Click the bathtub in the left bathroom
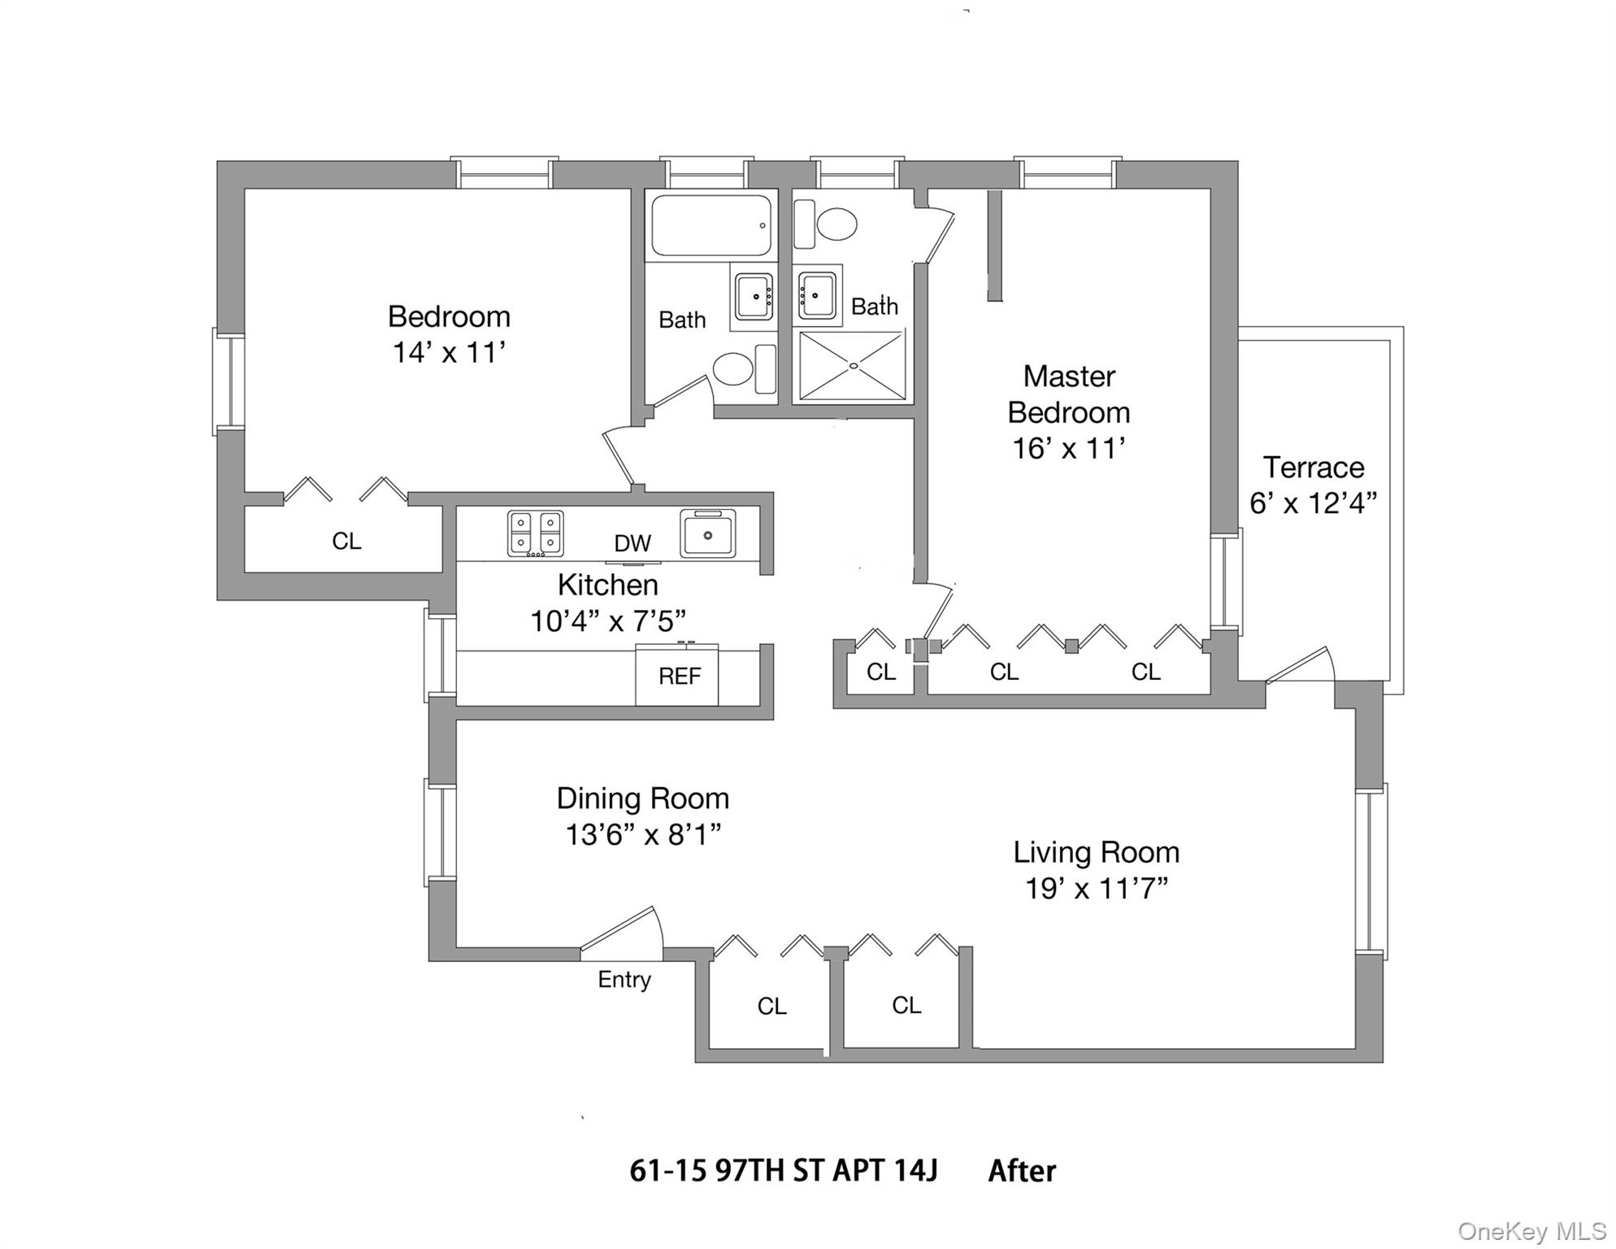[x=710, y=225]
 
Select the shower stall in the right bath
[x=852, y=366]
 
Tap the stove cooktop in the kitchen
[x=535, y=533]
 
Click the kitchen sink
[x=707, y=533]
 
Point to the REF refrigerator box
[x=677, y=676]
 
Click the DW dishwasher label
[x=632, y=543]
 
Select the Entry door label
[x=623, y=979]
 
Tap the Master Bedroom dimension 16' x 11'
[x=1068, y=448]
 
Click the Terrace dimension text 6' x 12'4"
[x=1313, y=503]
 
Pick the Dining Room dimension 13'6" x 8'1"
[x=643, y=834]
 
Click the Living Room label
[x=1096, y=852]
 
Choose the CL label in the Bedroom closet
[x=346, y=541]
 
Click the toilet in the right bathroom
[x=836, y=224]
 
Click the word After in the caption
[x=1022, y=1171]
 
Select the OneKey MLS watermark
[x=1531, y=1231]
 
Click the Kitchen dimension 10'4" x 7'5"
[x=607, y=621]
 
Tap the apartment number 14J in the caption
[x=915, y=1171]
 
